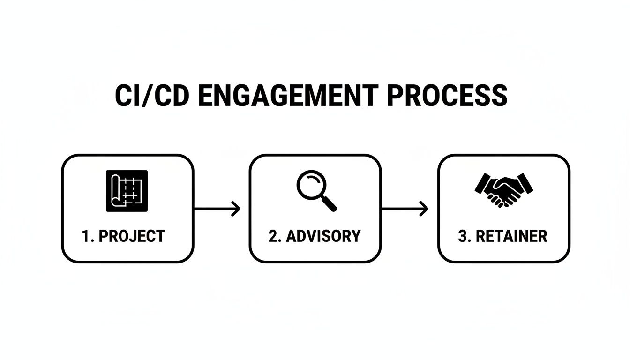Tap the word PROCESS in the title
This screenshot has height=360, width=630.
coord(448,96)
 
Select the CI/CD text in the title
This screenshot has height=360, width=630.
coord(152,96)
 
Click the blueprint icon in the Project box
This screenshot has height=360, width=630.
coord(127,191)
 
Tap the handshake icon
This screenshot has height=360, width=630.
coord(503,190)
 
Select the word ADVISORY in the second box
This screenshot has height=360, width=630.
coord(323,236)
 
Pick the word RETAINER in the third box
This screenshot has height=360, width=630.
coord(511,236)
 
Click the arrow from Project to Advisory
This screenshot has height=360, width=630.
coord(217,209)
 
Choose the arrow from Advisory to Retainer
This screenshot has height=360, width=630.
coord(405,209)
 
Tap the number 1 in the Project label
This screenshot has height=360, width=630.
coord(85,236)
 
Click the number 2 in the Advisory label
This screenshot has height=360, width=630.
coord(272,236)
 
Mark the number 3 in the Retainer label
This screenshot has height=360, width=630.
coord(462,236)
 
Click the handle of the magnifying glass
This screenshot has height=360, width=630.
coord(330,203)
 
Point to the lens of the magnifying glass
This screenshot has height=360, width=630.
coord(309,184)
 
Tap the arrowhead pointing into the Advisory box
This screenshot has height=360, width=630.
coord(237,209)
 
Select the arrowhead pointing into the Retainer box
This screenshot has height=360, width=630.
coord(425,209)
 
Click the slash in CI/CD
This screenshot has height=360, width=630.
coord(151,96)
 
